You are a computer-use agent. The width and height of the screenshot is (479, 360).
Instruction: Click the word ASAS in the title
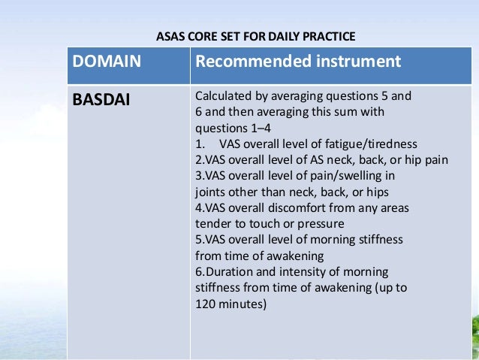169,35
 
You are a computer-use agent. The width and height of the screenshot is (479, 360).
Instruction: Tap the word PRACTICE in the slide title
327,35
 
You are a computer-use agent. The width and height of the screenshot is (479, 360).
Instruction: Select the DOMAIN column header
106,62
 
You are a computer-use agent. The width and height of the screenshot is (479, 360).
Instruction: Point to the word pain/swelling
345,176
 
